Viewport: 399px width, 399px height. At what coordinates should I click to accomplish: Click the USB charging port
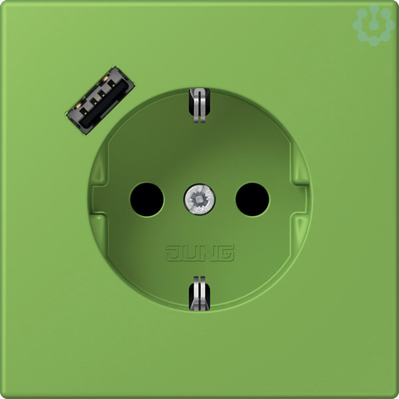pyautogui.click(x=100, y=100)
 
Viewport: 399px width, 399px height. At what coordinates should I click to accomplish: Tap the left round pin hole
pyautogui.click(x=147, y=199)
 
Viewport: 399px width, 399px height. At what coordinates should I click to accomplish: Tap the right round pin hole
pyautogui.click(x=252, y=199)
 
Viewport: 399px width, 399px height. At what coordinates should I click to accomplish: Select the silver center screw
pyautogui.click(x=199, y=199)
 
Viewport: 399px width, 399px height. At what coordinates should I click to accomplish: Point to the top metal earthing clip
pyautogui.click(x=199, y=105)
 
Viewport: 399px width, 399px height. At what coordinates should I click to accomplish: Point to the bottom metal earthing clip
pyautogui.click(x=199, y=293)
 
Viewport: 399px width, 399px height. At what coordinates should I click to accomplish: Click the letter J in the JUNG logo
pyautogui.click(x=174, y=253)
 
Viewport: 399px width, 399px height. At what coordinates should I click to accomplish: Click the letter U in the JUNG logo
pyautogui.click(x=192, y=253)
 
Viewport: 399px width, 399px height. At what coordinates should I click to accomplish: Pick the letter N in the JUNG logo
pyautogui.click(x=209, y=253)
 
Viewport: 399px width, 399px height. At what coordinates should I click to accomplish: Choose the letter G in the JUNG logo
pyautogui.click(x=225, y=253)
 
